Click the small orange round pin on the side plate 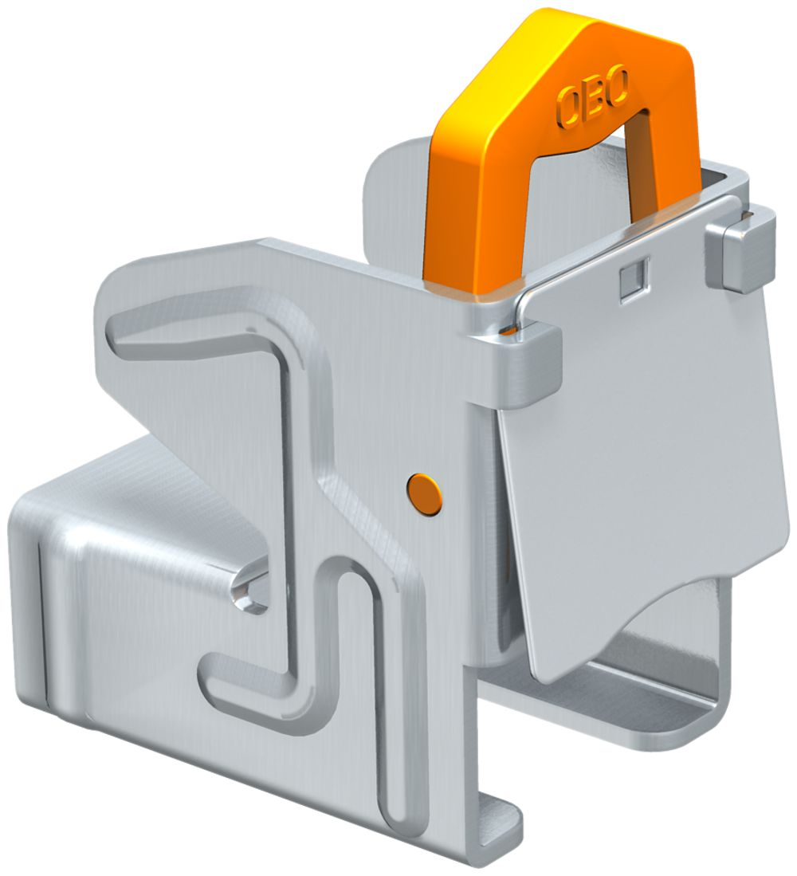click(424, 493)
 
